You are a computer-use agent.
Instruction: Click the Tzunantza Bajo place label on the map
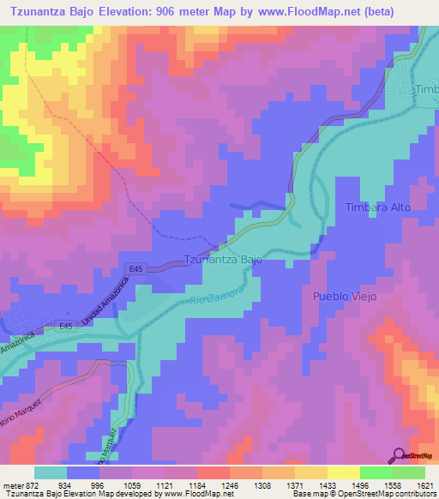click(x=223, y=259)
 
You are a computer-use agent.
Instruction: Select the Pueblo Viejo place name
click(x=340, y=296)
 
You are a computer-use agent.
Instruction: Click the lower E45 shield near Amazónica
click(x=66, y=326)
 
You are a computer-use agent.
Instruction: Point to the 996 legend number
click(x=102, y=484)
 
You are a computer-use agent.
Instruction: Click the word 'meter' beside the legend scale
click(x=13, y=484)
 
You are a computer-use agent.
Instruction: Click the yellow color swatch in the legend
click(x=343, y=472)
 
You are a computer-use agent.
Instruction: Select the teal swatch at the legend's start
click(x=51, y=472)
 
